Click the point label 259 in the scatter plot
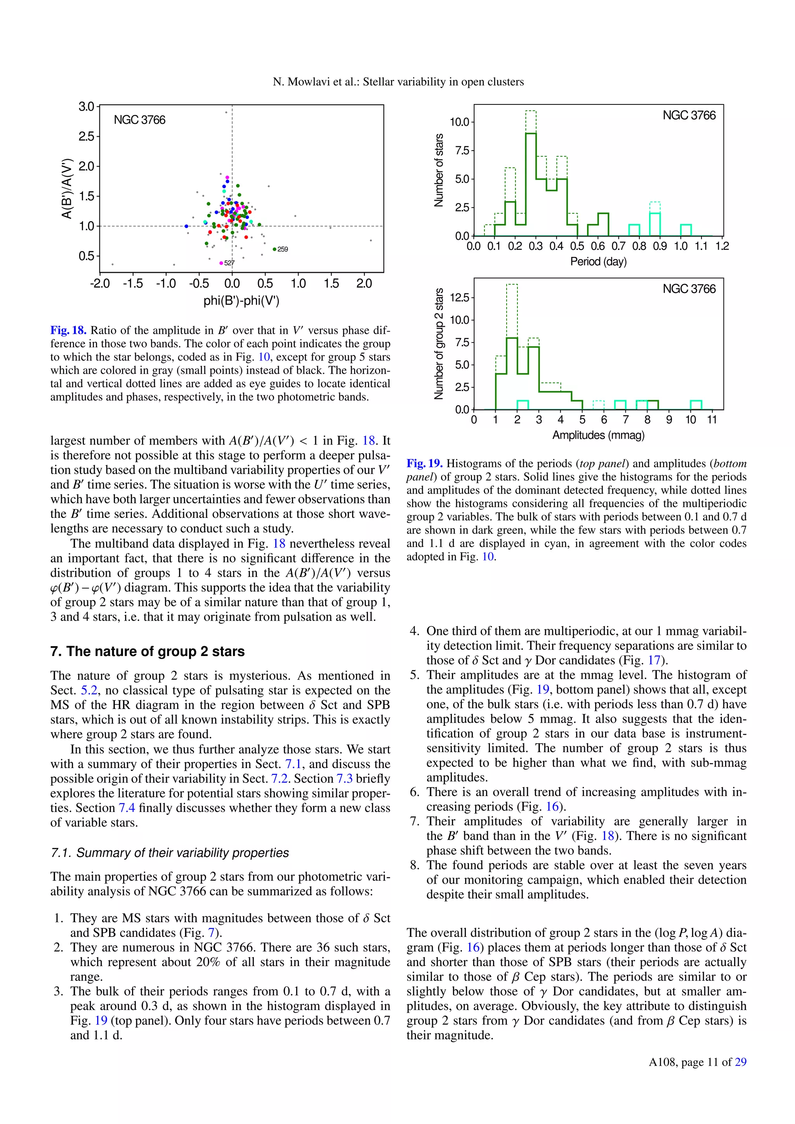pos(283,249)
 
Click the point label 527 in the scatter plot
pos(229,263)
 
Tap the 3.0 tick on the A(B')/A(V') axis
pos(86,106)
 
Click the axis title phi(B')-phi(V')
pos(241,300)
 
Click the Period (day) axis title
pos(598,262)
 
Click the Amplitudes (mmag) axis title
pos(598,435)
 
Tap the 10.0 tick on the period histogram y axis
pos(460,122)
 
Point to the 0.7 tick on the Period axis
pos(618,246)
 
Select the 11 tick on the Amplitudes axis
pos(712,420)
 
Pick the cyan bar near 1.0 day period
pos(686,230)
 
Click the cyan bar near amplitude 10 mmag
pos(696,405)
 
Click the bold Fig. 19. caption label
pos(424,463)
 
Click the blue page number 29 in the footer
pos(741,1062)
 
